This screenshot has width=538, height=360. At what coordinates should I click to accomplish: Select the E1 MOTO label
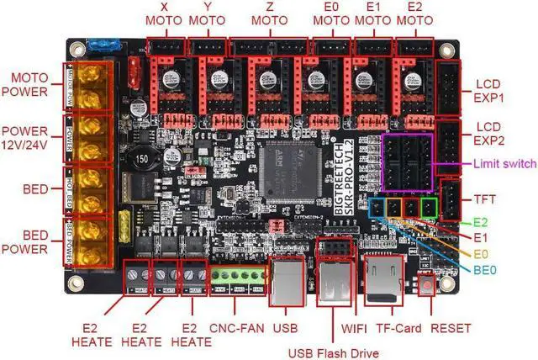tap(367, 16)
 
